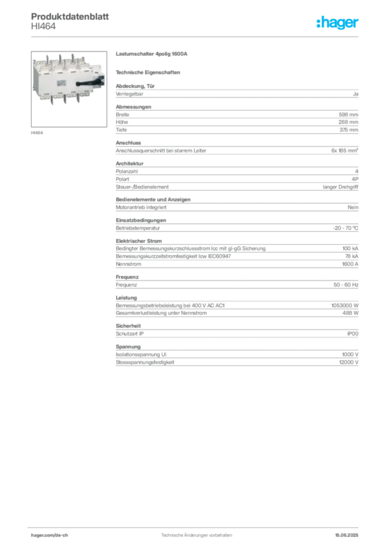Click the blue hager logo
coord(338,23)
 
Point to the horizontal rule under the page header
coord(196,36)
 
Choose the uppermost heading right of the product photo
coord(153,55)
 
